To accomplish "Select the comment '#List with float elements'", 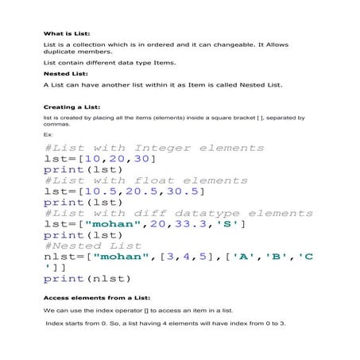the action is click(136, 180).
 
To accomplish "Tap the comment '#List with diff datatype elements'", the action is click(178, 213).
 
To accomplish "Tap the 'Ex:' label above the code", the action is click(48, 135).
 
